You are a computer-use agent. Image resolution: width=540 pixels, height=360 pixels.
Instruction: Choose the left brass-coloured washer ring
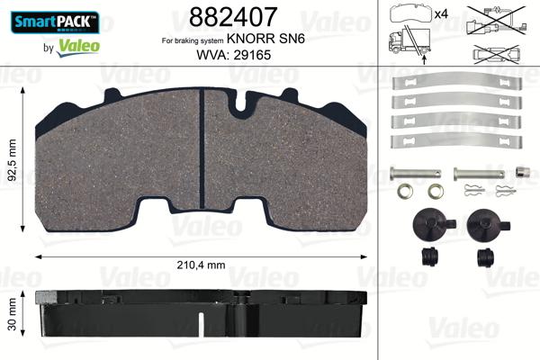(407, 191)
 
